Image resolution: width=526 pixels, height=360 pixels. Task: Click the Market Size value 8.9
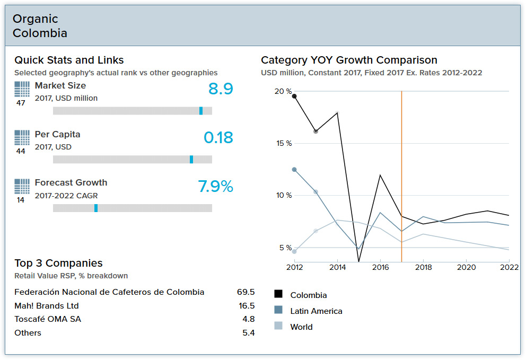click(221, 89)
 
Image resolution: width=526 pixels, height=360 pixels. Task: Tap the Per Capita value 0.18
click(218, 138)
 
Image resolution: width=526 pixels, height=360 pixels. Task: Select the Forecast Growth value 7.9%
click(215, 187)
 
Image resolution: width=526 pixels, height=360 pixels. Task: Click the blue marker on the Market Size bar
click(201, 111)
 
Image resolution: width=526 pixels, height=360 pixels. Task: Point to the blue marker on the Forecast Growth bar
click(96, 208)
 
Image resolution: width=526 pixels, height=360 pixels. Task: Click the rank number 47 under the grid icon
click(21, 103)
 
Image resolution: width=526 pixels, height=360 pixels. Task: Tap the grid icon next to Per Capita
click(22, 138)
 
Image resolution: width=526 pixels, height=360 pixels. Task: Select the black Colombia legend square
click(278, 295)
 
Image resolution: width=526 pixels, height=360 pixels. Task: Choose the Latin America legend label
click(316, 311)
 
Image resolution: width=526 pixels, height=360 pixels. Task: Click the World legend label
click(301, 327)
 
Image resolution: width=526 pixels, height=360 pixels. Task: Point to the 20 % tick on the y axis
click(283, 91)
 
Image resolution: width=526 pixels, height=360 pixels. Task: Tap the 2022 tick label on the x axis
click(509, 268)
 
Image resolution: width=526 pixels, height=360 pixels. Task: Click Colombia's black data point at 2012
click(294, 96)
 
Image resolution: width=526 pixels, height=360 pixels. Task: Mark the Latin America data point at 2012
click(294, 170)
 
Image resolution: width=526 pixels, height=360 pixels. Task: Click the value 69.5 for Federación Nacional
click(246, 292)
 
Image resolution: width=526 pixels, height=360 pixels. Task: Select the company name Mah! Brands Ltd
click(47, 306)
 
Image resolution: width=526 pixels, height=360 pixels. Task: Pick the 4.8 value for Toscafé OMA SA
click(248, 319)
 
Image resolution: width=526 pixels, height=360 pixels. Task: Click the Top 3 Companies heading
click(58, 263)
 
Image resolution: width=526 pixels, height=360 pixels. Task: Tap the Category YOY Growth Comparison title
click(349, 60)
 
